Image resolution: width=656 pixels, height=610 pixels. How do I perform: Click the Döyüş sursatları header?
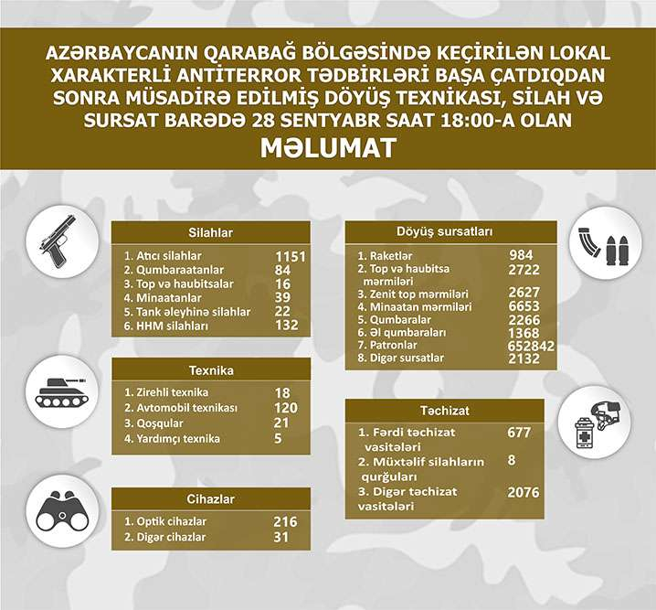(450, 232)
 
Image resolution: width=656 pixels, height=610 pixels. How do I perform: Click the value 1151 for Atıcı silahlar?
(290, 256)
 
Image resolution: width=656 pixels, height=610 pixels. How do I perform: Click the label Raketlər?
(389, 255)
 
